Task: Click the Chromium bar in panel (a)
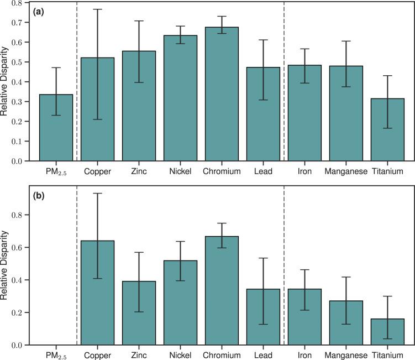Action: [x=222, y=94]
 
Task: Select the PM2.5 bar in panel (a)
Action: [x=56, y=128]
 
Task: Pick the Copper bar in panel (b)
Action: [x=97, y=293]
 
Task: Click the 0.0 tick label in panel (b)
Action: [x=20, y=345]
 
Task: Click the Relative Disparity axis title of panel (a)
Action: [x=5, y=82]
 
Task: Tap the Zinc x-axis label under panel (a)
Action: [x=139, y=172]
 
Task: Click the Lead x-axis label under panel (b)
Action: [x=263, y=354]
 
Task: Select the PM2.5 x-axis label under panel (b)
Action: [x=56, y=354]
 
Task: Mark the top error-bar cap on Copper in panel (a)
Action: [x=97, y=9]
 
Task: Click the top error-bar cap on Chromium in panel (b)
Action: [x=222, y=223]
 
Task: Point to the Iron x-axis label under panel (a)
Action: [x=304, y=172]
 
